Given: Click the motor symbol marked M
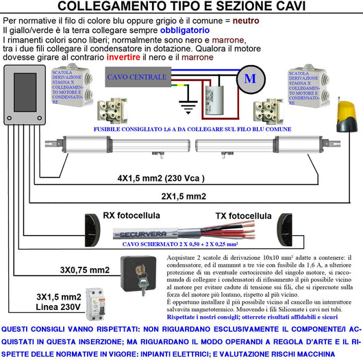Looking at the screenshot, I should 249,78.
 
